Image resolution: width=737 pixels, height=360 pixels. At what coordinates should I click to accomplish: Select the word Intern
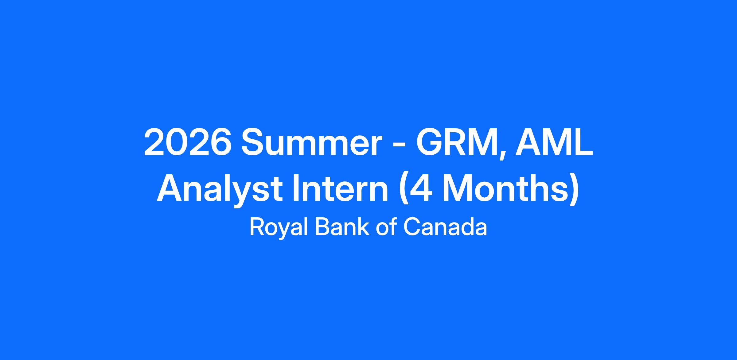pyautogui.click(x=340, y=191)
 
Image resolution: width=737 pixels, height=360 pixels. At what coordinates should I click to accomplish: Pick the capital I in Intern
pyautogui.click(x=295, y=191)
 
